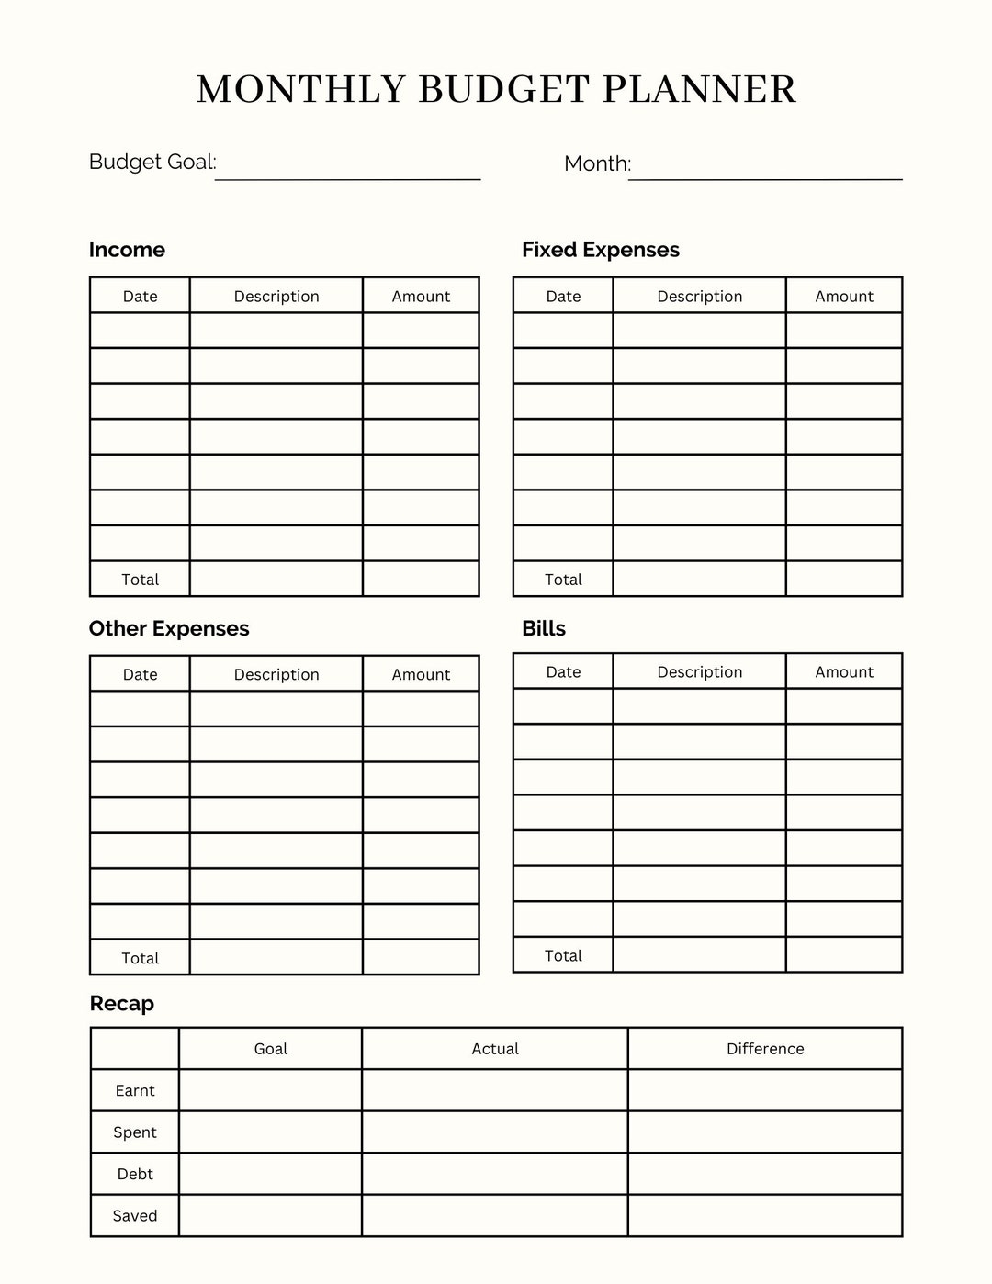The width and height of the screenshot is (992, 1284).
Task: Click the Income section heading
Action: pyautogui.click(x=127, y=250)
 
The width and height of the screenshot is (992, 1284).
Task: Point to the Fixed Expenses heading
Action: pyautogui.click(x=601, y=250)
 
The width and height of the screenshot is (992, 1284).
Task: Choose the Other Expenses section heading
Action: pyautogui.click(x=169, y=628)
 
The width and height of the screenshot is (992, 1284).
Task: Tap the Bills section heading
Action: pyautogui.click(x=544, y=628)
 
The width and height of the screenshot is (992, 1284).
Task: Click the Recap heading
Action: pyautogui.click(x=122, y=1003)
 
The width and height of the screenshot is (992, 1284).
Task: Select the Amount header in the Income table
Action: pyautogui.click(x=421, y=296)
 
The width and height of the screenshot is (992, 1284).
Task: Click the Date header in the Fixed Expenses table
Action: pyautogui.click(x=563, y=296)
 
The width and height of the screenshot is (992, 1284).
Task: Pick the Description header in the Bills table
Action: pyautogui.click(x=699, y=671)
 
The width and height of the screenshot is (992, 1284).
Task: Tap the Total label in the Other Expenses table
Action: pyautogui.click(x=140, y=958)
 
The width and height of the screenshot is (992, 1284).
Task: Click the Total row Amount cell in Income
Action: pyautogui.click(x=421, y=579)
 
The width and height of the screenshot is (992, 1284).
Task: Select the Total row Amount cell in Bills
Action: pyautogui.click(x=844, y=955)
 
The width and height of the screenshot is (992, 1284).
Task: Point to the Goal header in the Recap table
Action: pyautogui.click(x=270, y=1049)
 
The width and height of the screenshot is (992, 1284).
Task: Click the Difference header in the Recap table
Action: pyautogui.click(x=765, y=1049)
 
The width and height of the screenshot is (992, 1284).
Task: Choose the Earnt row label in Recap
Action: pyautogui.click(x=135, y=1090)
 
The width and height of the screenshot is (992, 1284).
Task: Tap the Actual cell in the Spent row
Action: pyautogui.click(x=495, y=1132)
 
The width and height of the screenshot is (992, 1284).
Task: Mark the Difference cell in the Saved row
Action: pyautogui.click(x=765, y=1216)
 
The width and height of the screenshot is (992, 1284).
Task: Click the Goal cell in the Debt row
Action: pyautogui.click(x=270, y=1174)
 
